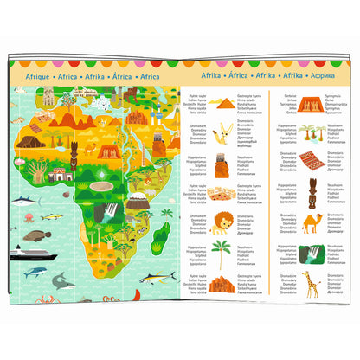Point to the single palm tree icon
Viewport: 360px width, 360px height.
(x=222, y=253)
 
